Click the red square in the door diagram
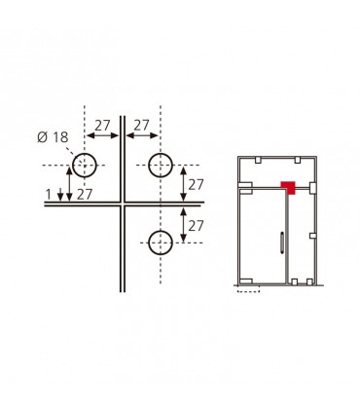288,188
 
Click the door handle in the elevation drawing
282,243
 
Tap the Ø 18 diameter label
53,137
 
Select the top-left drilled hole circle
85,166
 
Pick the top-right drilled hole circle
161,166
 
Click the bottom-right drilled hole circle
161,243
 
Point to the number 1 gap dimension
49,195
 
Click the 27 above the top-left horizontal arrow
102,126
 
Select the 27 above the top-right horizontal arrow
141,126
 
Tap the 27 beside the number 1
85,195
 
